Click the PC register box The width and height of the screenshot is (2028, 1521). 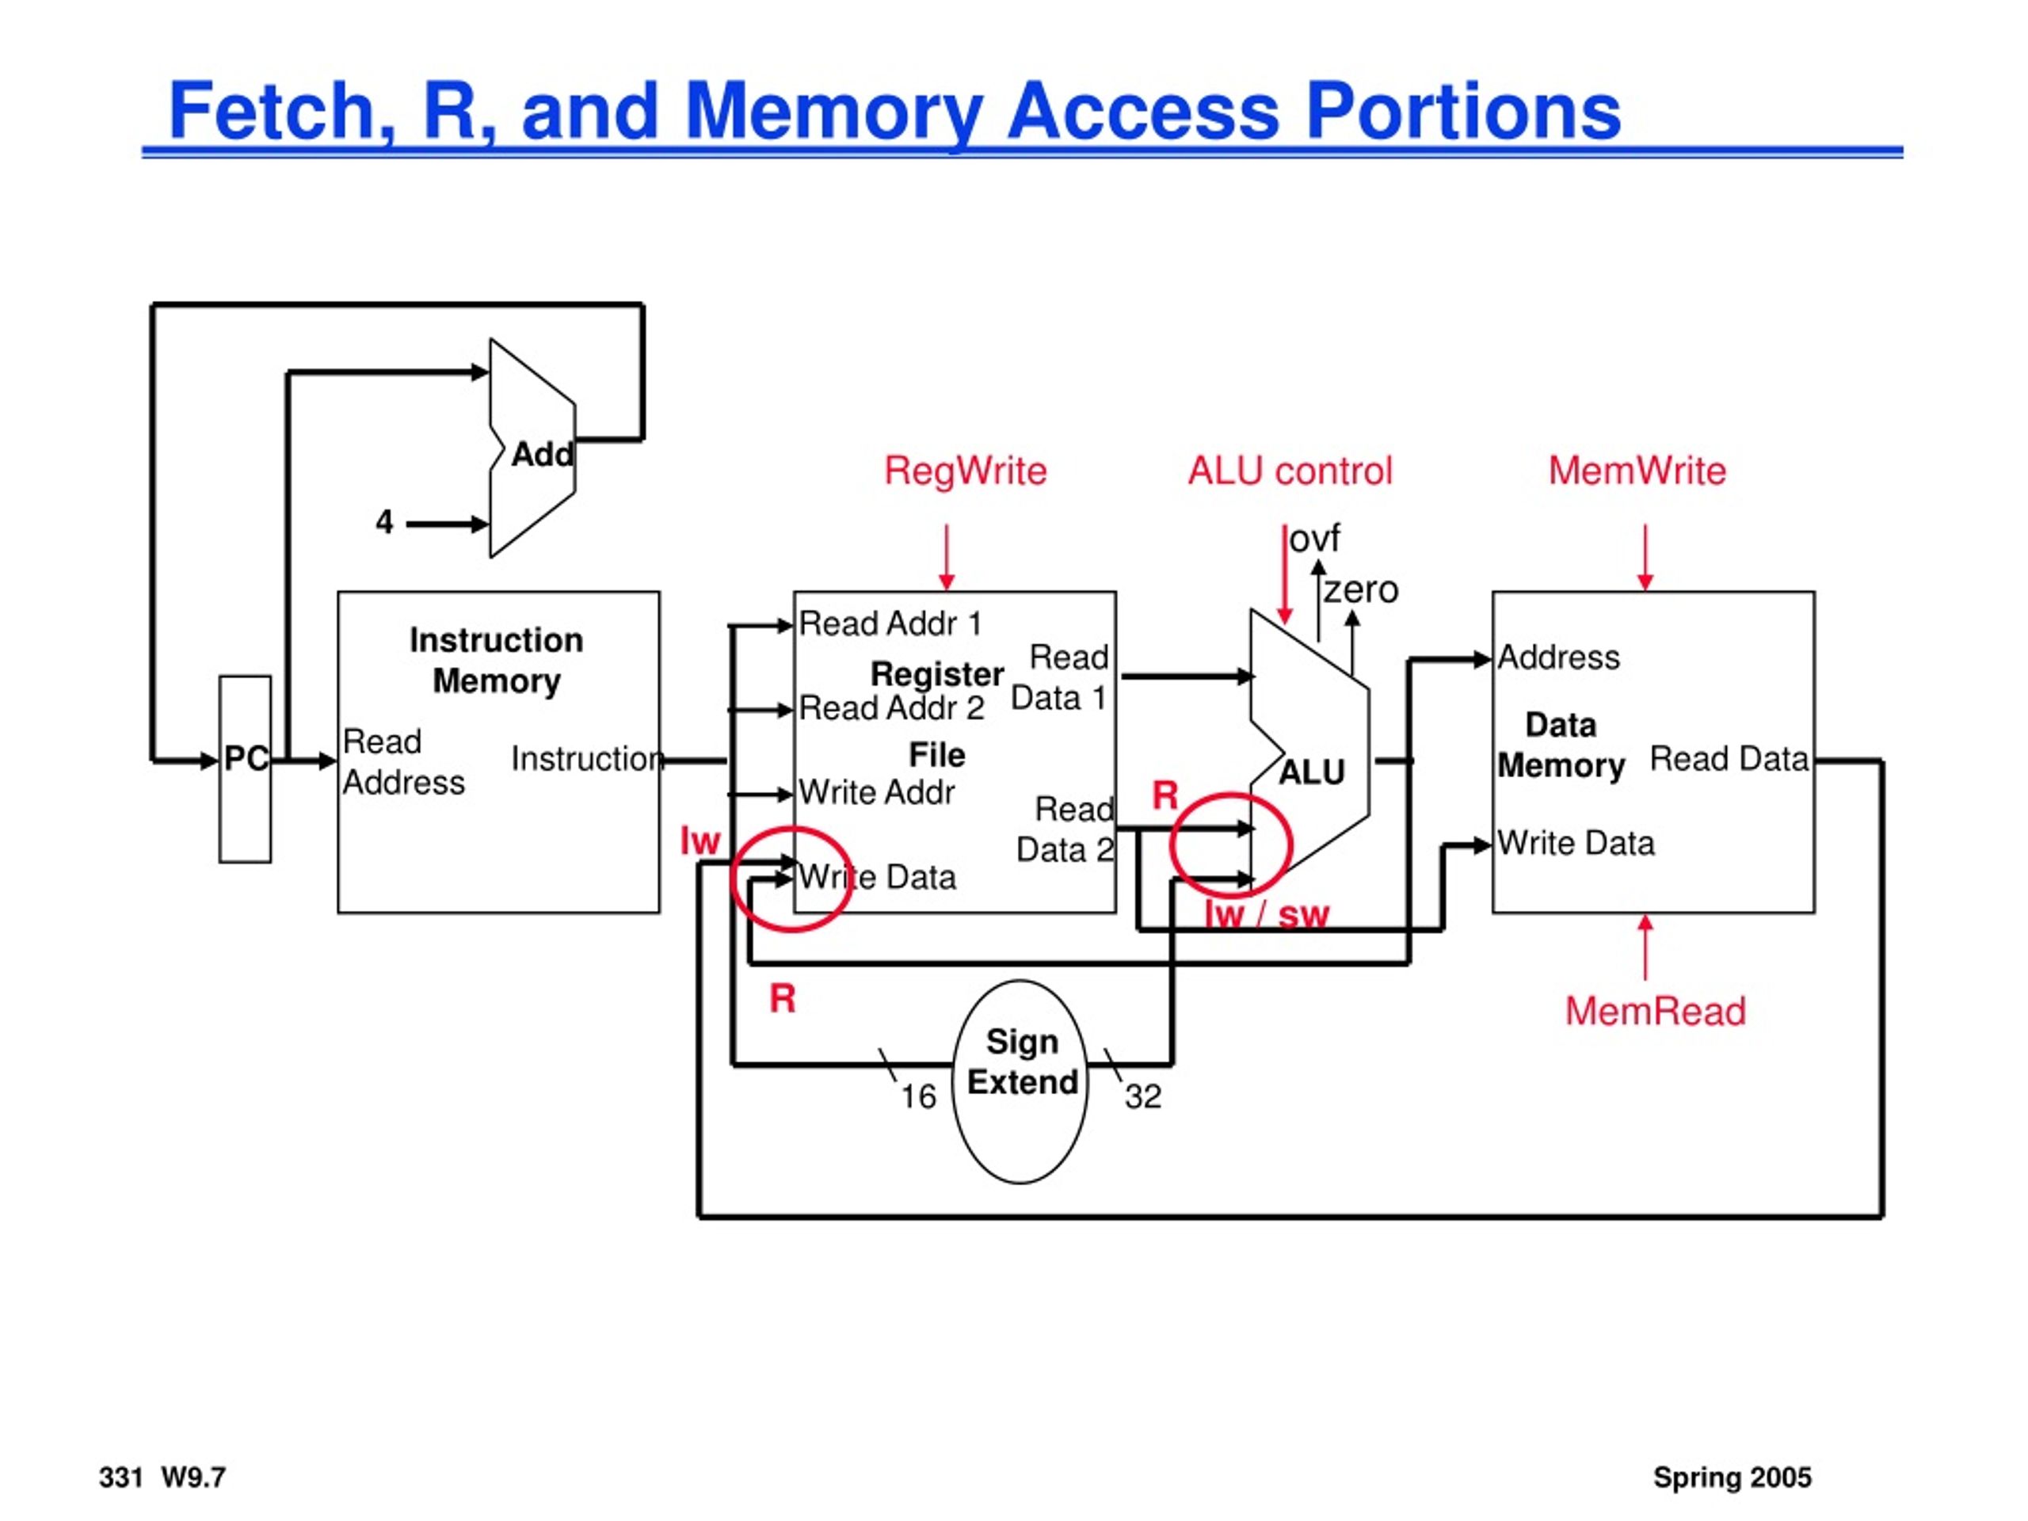(x=245, y=769)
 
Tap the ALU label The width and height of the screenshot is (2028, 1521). (x=1312, y=773)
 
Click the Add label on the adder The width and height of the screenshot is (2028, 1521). (x=543, y=454)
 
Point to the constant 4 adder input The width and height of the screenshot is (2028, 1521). (x=384, y=523)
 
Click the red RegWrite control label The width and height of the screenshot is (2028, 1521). (x=966, y=471)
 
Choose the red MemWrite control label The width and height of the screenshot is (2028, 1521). (x=1637, y=471)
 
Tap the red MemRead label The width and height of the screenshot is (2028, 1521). (x=1656, y=1012)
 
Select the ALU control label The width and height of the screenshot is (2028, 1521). (x=1290, y=471)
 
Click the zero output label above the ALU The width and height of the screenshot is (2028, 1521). (x=1360, y=589)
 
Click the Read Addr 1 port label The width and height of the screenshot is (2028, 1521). (x=890, y=623)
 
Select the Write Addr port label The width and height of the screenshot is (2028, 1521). (x=876, y=792)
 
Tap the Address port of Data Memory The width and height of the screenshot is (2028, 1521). (x=1558, y=658)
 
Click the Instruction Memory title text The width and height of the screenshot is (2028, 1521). (x=496, y=660)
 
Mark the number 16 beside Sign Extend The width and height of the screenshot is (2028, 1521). (x=917, y=1096)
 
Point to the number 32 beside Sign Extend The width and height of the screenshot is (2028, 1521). (x=1143, y=1096)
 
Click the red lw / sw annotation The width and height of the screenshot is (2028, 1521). (x=1266, y=914)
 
